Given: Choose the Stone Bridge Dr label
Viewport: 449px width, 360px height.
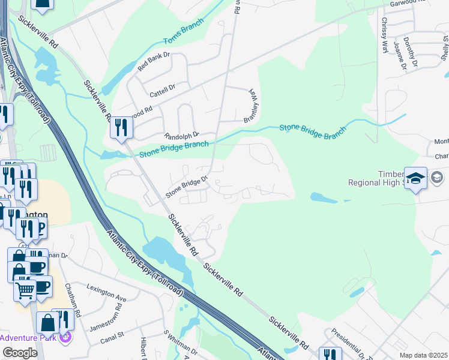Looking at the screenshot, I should pos(186,186).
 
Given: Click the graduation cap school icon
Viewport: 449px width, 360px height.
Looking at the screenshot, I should pos(415,179).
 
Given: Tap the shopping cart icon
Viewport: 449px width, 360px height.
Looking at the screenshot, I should pos(25,290).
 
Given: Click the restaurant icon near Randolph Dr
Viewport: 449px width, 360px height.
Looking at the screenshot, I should pos(121,128).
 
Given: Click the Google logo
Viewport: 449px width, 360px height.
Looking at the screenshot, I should pos(20,353).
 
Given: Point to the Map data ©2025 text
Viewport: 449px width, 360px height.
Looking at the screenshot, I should pos(423,355).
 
